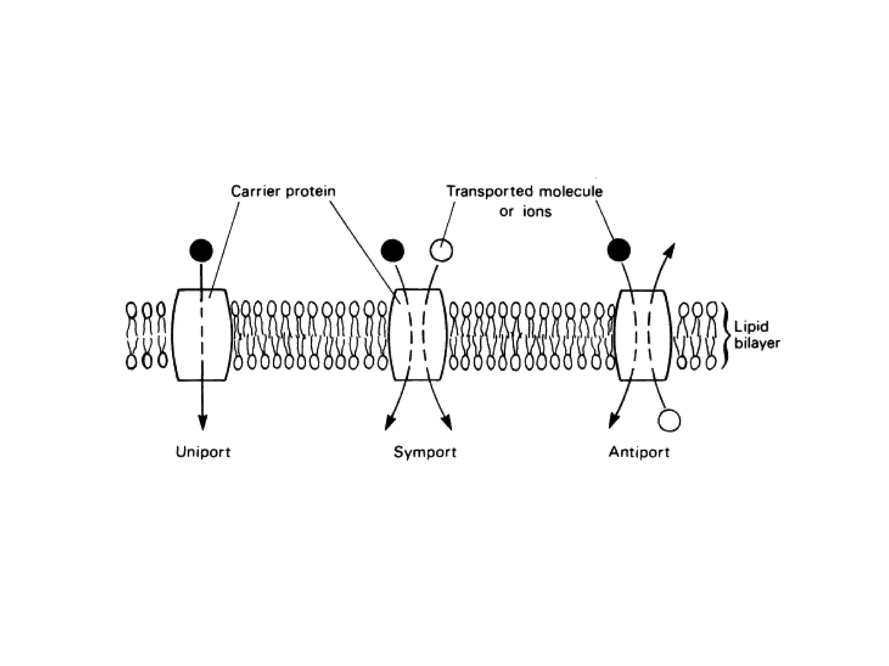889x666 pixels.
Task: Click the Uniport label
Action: [x=203, y=452]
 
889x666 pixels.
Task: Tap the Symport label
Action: [x=425, y=452]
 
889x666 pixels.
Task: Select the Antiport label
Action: [x=639, y=452]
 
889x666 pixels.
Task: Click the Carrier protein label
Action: [x=283, y=191]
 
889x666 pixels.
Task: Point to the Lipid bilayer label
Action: [x=757, y=335]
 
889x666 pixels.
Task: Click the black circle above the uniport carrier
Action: [x=201, y=251]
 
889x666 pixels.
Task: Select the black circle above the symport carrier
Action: [x=392, y=251]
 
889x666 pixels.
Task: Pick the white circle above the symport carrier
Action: [x=441, y=251]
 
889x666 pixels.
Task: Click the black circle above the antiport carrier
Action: [x=619, y=250]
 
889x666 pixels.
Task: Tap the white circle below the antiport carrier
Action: [x=669, y=421]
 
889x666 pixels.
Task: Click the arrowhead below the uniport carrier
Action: [x=202, y=422]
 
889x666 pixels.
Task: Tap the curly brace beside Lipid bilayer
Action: [x=725, y=335]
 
